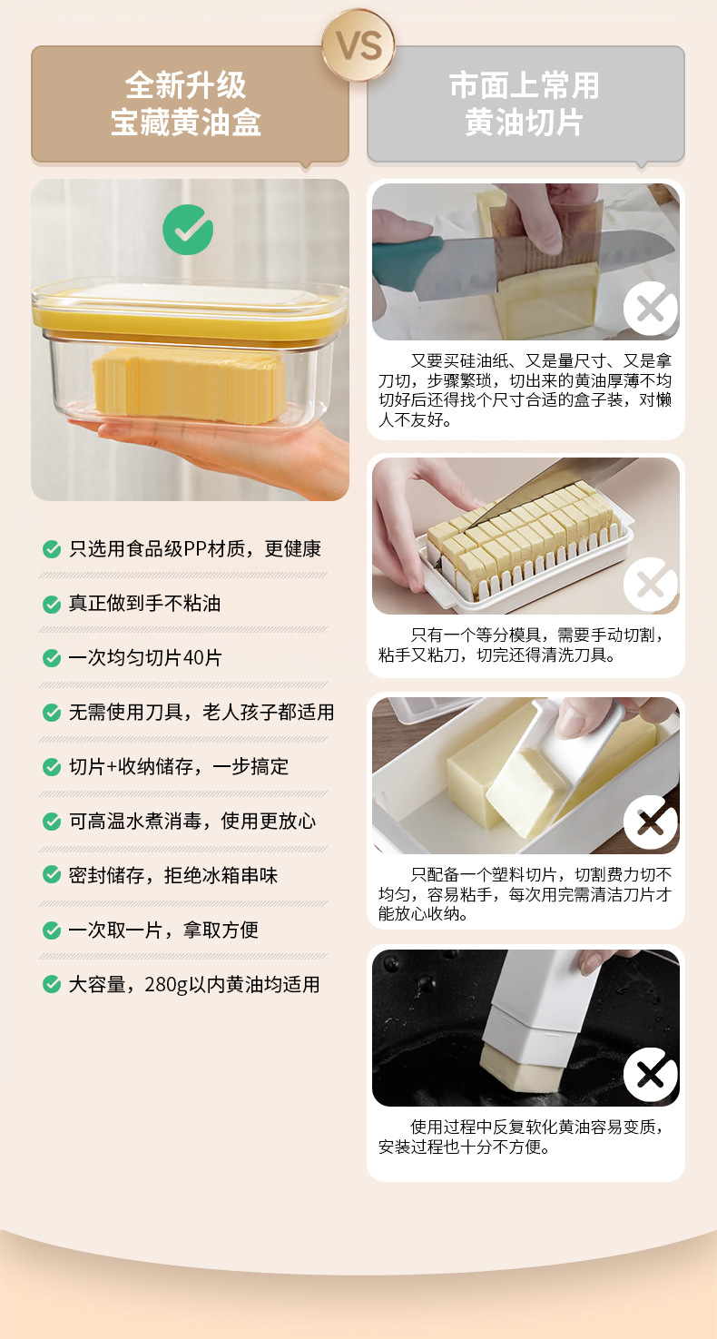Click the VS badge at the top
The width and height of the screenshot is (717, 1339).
358,46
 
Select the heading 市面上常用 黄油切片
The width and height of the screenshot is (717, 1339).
525,104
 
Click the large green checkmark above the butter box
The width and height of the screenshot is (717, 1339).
188,230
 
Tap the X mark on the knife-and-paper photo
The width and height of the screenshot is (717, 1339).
650,309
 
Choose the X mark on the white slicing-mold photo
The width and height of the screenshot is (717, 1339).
650,584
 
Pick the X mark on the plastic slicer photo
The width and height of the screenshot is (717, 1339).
650,822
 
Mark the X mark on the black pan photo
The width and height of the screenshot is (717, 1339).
650,1074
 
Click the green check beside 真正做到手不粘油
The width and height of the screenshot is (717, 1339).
52,604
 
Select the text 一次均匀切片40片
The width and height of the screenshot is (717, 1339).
145,658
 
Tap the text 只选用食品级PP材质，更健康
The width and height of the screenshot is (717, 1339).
195,549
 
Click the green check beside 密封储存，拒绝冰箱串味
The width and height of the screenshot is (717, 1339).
52,876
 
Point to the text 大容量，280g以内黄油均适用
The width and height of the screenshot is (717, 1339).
194,985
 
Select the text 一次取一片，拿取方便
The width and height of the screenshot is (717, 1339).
163,930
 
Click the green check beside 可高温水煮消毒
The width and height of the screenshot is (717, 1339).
52,822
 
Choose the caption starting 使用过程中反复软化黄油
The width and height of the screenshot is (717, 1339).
525,1137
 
